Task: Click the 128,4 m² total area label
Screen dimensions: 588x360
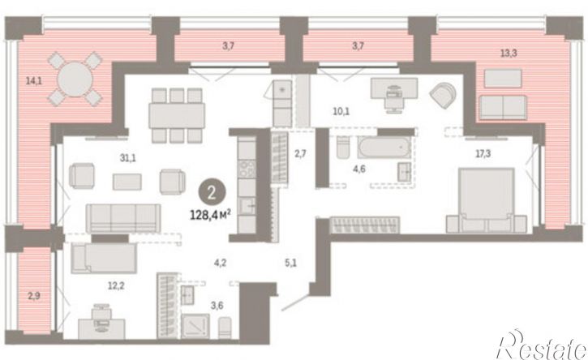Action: point(210,215)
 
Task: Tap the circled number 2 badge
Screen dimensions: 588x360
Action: point(212,193)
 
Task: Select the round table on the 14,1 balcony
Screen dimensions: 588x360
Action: point(75,79)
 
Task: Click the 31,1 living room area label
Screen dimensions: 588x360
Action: point(128,158)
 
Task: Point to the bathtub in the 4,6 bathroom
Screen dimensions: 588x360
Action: point(384,148)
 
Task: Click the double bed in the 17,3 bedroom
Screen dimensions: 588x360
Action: point(487,200)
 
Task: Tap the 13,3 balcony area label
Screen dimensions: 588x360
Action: point(509,54)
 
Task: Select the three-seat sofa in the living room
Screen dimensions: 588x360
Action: point(123,218)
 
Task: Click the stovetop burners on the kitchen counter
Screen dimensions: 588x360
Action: point(247,169)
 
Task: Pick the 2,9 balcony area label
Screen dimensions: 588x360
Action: point(34,296)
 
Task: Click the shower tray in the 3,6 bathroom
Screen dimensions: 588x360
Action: point(195,326)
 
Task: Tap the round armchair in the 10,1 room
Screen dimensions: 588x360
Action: point(443,94)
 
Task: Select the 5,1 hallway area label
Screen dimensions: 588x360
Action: point(290,263)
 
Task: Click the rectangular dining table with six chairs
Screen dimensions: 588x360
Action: point(177,115)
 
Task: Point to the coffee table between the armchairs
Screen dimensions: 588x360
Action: point(127,182)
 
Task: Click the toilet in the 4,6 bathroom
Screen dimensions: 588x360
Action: point(343,148)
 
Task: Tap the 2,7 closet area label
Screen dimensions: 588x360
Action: point(300,153)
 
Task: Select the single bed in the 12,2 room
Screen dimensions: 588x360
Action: point(104,259)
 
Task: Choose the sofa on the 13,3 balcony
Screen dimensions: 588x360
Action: point(504,107)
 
